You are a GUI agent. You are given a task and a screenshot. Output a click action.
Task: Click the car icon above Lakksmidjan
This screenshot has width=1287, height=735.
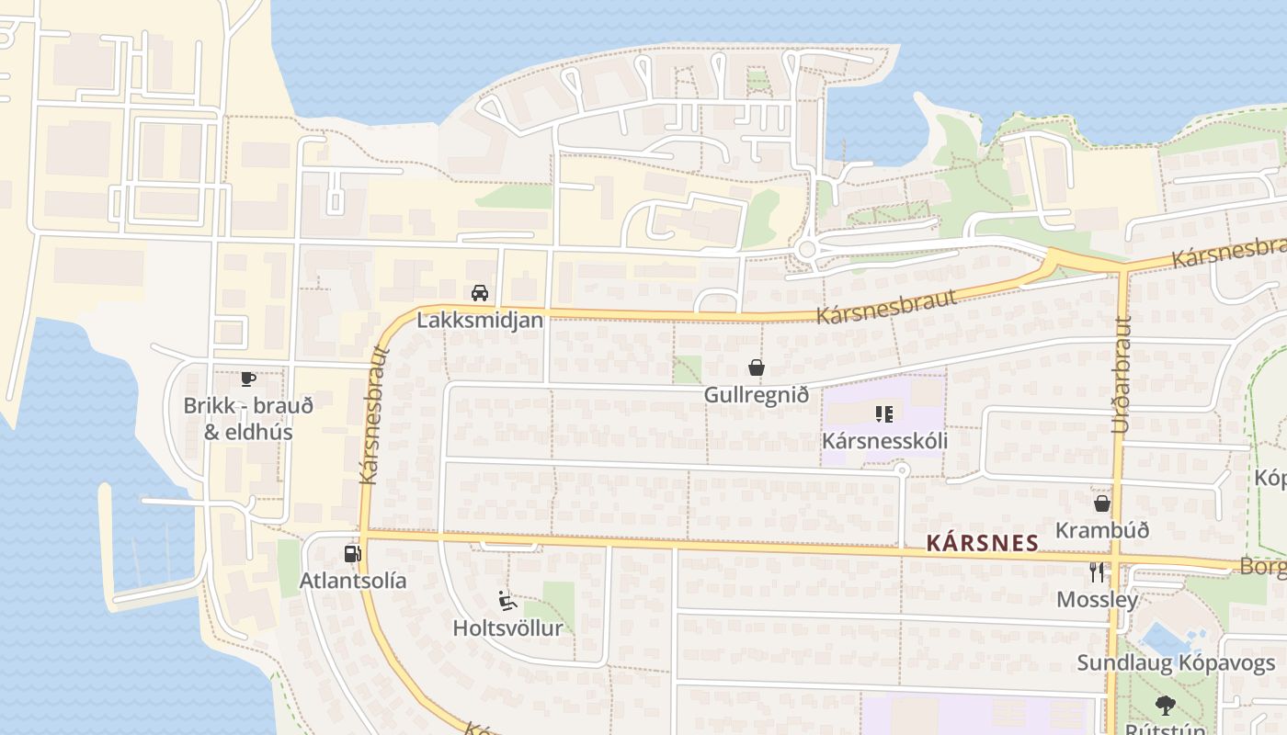(x=479, y=293)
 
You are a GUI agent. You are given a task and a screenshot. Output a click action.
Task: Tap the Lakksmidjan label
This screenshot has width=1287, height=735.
(x=480, y=321)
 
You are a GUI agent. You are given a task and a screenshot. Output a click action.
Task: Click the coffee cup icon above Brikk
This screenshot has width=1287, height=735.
(x=247, y=379)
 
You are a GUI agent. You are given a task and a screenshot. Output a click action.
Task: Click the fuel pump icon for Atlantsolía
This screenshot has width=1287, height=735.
(x=352, y=553)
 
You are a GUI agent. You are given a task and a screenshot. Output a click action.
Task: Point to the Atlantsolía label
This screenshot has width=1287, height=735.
(x=353, y=581)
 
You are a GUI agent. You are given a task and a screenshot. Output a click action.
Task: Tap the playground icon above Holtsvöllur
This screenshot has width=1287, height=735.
(x=507, y=601)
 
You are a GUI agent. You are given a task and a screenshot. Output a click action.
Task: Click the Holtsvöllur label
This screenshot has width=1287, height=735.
(x=507, y=628)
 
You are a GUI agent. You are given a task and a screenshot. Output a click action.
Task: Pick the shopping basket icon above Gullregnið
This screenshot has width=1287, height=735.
(x=757, y=367)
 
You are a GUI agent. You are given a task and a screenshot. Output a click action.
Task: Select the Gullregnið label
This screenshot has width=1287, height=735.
(x=757, y=395)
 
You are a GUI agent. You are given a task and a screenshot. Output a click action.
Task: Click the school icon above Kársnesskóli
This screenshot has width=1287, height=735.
(x=884, y=413)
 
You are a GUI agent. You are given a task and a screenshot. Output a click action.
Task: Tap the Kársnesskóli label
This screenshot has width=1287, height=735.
(x=884, y=441)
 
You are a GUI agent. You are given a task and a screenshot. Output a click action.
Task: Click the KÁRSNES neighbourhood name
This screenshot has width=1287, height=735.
(x=983, y=543)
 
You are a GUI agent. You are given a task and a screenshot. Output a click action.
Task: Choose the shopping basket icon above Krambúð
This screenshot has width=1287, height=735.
(x=1102, y=503)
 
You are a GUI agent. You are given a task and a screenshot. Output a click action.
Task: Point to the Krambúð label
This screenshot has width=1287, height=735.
(x=1102, y=531)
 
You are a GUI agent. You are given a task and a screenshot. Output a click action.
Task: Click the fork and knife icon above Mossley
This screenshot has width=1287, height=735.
(x=1097, y=572)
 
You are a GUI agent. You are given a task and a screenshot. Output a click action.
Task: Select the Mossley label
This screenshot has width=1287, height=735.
(x=1097, y=600)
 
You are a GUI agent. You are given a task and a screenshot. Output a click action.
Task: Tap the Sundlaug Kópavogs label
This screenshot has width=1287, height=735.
(x=1176, y=663)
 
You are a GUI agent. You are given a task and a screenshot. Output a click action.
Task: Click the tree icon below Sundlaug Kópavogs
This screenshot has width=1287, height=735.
(x=1166, y=706)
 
